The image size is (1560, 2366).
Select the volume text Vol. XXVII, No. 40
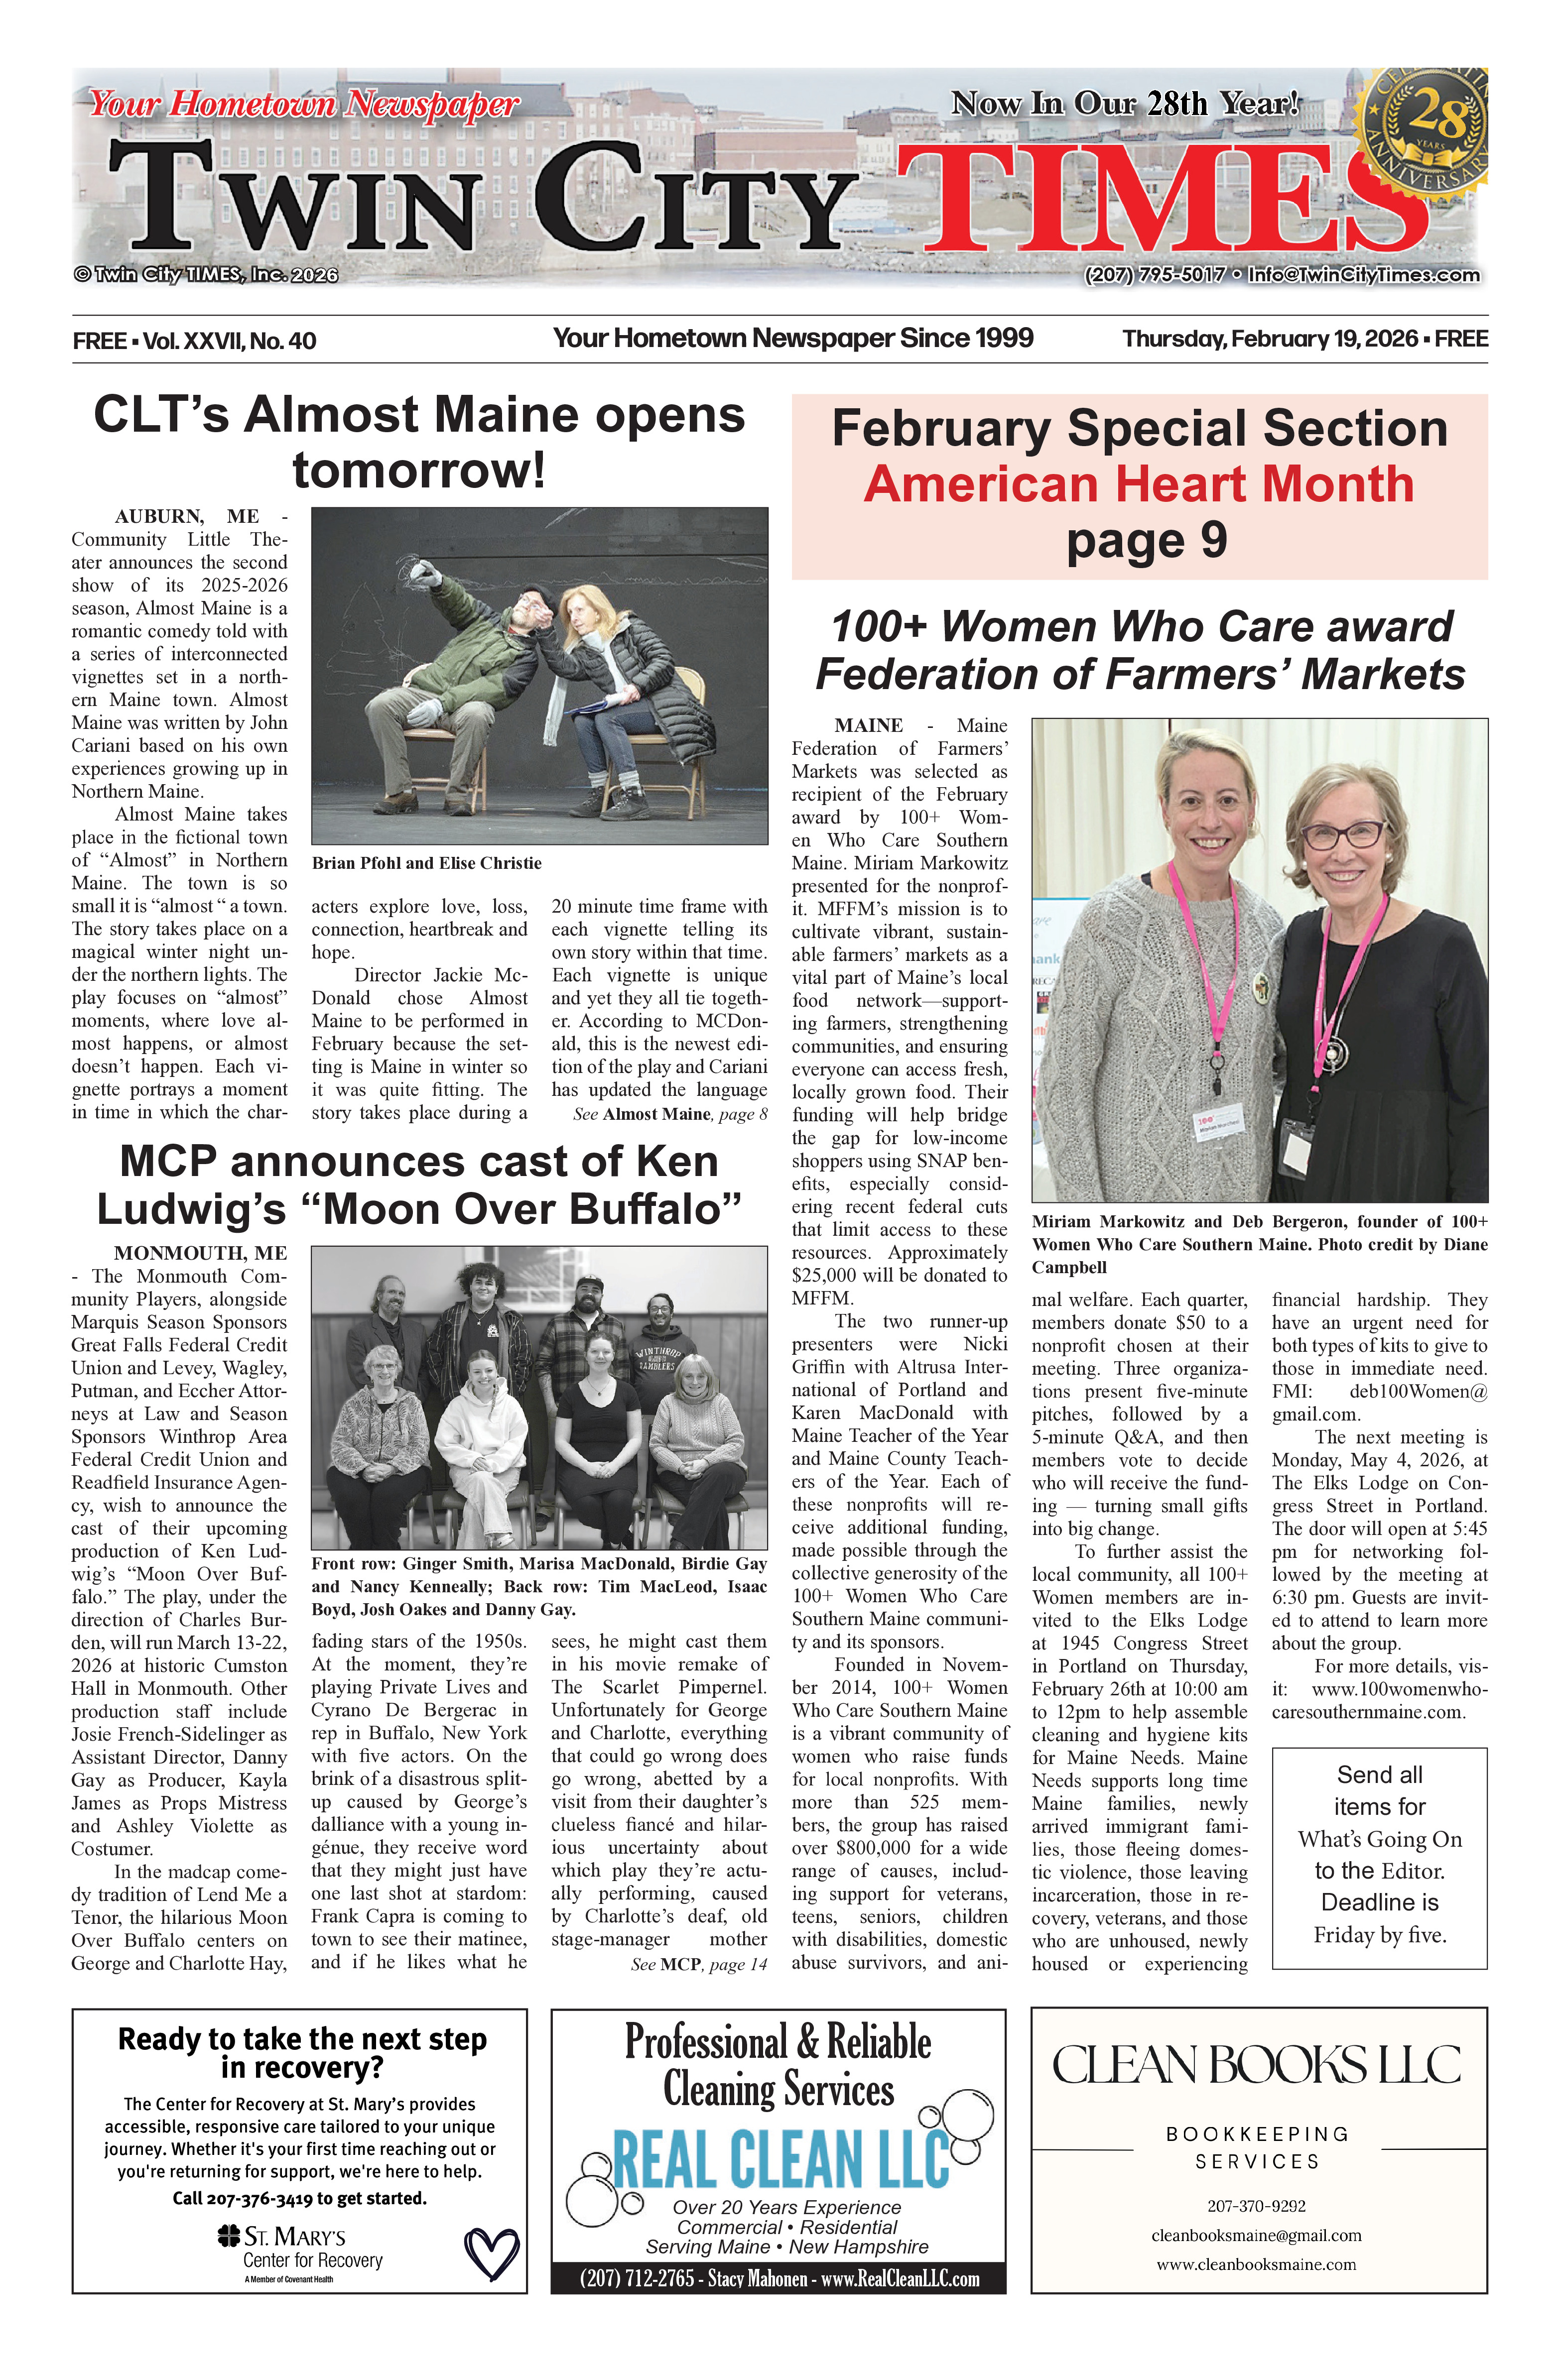click(x=230, y=341)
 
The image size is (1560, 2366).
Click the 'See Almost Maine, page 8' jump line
click(x=669, y=1114)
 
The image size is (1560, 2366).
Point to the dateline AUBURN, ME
click(x=187, y=516)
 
